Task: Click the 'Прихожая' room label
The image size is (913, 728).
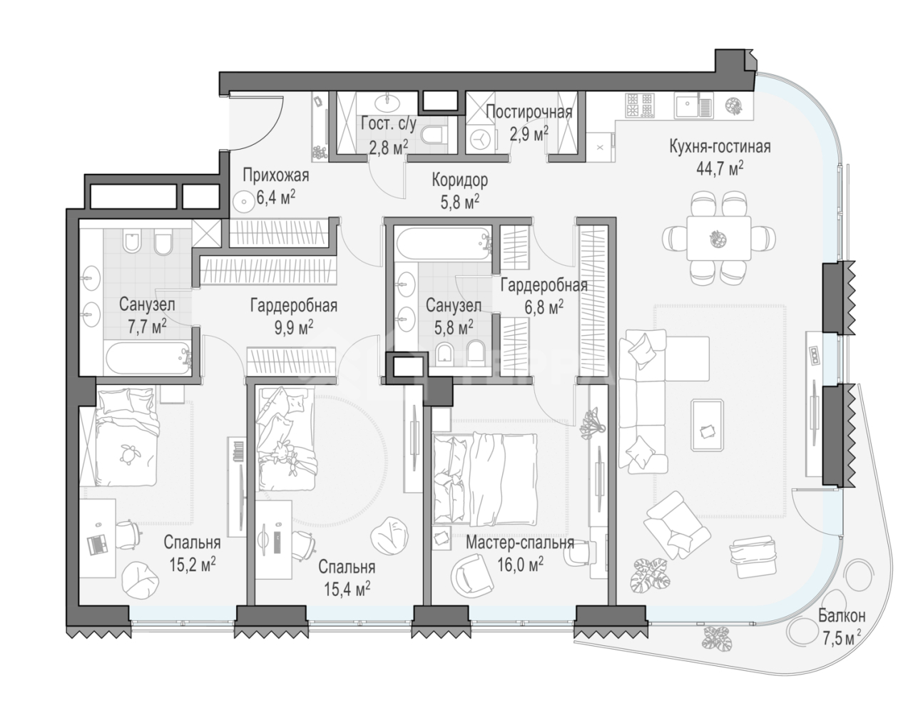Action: click(x=276, y=175)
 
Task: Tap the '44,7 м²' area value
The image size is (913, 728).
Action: click(x=720, y=168)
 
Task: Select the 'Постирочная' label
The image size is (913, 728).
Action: click(x=529, y=113)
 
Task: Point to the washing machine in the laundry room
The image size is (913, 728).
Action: click(x=481, y=138)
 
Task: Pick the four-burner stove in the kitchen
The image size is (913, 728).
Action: click(x=639, y=106)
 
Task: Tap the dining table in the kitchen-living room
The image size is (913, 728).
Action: click(x=719, y=238)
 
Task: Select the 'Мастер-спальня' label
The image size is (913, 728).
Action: click(x=520, y=543)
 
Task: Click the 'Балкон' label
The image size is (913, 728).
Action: click(x=842, y=615)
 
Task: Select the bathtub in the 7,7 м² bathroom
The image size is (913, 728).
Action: click(x=148, y=359)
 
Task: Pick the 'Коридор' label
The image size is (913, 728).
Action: click(x=460, y=180)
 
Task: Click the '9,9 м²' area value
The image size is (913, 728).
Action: click(x=294, y=327)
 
